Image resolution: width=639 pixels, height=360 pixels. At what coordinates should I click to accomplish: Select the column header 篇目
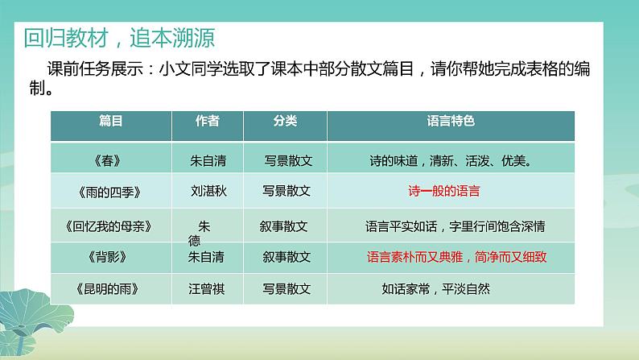pyautogui.click(x=111, y=121)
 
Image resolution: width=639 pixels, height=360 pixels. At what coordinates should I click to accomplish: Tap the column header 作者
pyautogui.click(x=208, y=121)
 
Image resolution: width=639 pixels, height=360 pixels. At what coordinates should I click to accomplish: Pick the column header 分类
pyautogui.click(x=285, y=121)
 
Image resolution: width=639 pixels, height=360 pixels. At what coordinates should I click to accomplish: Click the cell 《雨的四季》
pyautogui.click(x=111, y=193)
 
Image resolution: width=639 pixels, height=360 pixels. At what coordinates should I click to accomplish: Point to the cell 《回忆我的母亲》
pyautogui.click(x=111, y=226)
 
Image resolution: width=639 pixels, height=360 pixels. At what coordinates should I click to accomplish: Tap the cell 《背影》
pyautogui.click(x=111, y=258)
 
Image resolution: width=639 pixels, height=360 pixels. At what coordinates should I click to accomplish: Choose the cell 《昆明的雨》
pyautogui.click(x=111, y=288)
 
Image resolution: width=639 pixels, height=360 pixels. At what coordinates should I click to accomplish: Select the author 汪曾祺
pyautogui.click(x=208, y=288)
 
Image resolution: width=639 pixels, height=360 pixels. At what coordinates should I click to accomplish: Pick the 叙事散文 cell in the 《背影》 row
pyautogui.click(x=286, y=258)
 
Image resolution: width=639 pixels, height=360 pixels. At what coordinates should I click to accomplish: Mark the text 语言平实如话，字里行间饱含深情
pyautogui.click(x=456, y=226)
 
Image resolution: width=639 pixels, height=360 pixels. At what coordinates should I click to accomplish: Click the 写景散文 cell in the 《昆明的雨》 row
pyautogui.click(x=286, y=288)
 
